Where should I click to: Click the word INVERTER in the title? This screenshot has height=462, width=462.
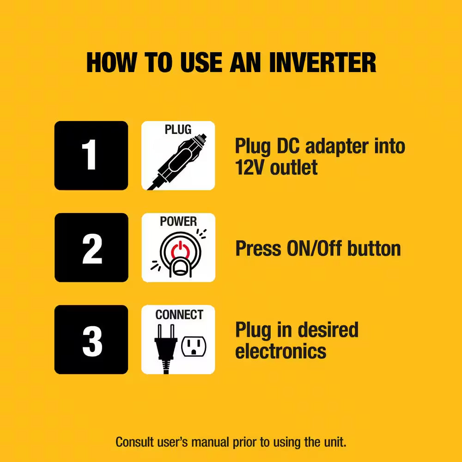[322, 62]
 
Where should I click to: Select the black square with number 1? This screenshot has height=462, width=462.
[91, 155]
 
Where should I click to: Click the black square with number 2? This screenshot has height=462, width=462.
[91, 248]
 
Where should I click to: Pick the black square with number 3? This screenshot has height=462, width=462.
[91, 340]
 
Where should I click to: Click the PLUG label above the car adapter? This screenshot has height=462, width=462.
[178, 130]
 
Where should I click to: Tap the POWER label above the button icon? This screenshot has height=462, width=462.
[178, 222]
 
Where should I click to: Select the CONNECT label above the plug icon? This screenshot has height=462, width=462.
[179, 315]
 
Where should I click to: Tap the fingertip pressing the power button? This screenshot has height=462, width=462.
[180, 268]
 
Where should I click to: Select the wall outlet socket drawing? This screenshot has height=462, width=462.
[194, 346]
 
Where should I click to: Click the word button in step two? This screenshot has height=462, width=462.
[374, 248]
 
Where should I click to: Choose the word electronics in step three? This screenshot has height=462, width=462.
[280, 351]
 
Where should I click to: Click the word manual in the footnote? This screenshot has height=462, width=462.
[210, 442]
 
